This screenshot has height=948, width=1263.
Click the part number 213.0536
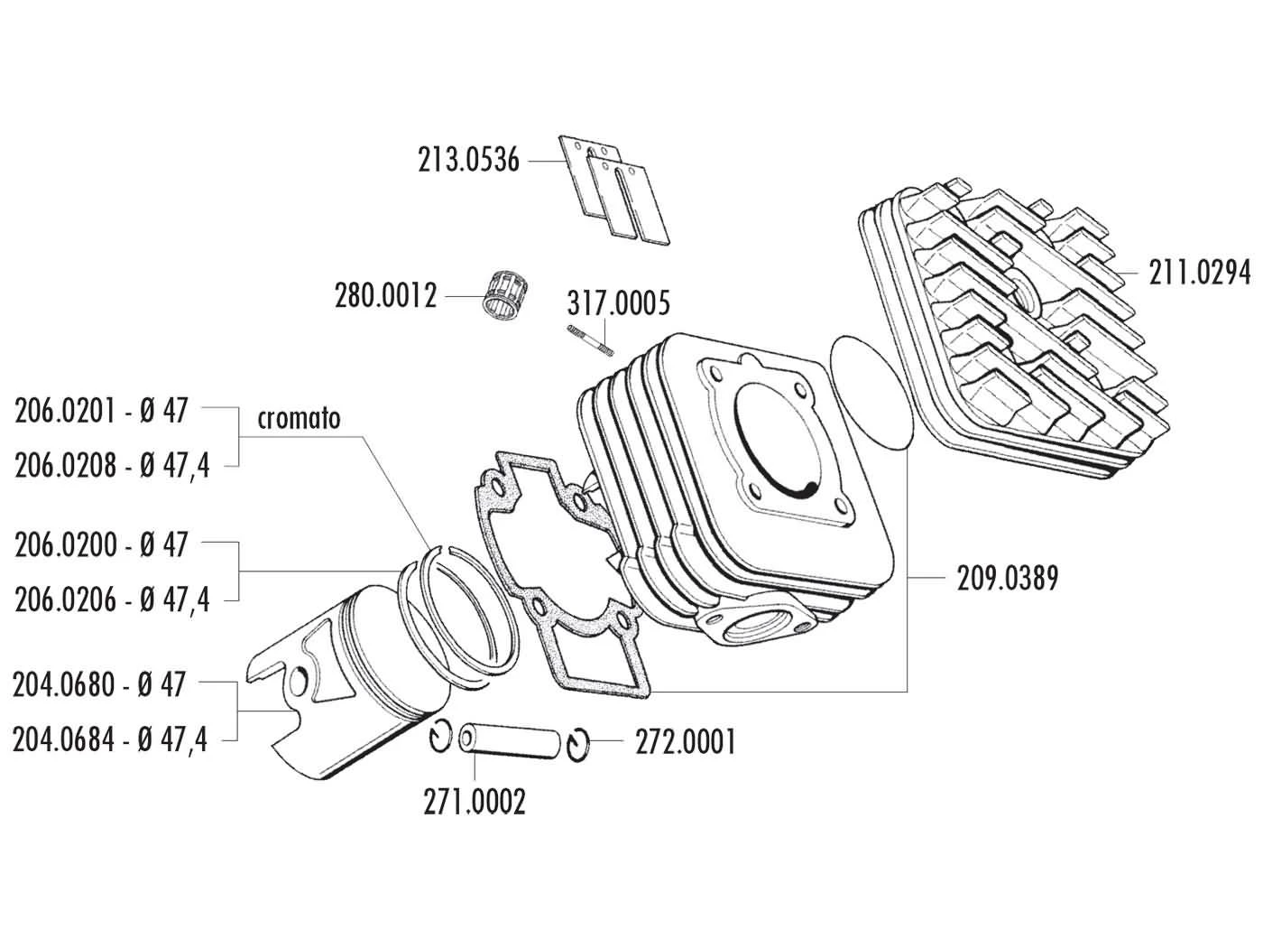tap(468, 161)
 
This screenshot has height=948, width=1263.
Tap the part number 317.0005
tap(619, 303)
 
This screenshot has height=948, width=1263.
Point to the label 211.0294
tap(1200, 272)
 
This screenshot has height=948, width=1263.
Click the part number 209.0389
tap(1007, 578)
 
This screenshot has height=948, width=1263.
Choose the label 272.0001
tap(685, 742)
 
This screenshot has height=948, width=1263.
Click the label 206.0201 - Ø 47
tap(101, 411)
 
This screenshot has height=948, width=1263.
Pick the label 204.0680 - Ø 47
tap(100, 685)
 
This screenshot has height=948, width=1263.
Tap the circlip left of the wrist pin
tap(439, 737)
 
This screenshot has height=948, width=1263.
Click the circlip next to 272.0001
tap(578, 743)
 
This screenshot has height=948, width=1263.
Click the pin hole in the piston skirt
tap(300, 682)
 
